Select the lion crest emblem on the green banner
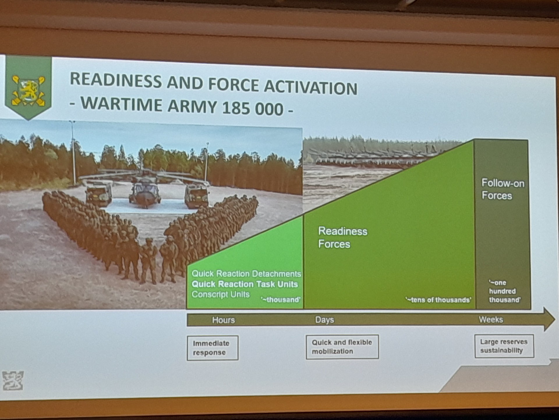[x=28, y=90]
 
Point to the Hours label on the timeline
[x=223, y=320]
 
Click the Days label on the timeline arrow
[x=324, y=320]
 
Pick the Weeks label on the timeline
[x=491, y=319]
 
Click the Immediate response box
[x=213, y=348]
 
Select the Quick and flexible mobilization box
[x=342, y=347]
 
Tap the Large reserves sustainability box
[x=504, y=346]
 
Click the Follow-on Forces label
[x=503, y=189]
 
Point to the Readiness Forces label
[x=343, y=237]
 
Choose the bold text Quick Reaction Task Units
[x=245, y=284]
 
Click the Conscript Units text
[x=221, y=294]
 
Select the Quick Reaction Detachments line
[x=246, y=274]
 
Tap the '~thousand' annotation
[x=281, y=300]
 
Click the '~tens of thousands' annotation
[x=438, y=300]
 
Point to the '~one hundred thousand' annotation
[x=505, y=291]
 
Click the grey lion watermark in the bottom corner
[x=13, y=380]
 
